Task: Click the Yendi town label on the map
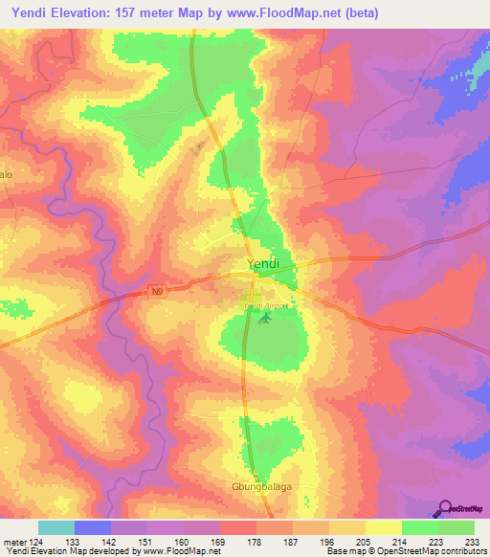click(x=262, y=264)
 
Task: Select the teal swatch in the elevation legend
click(x=56, y=527)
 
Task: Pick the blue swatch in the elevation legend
click(x=93, y=527)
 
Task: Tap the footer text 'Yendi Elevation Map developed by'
click(x=70, y=551)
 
